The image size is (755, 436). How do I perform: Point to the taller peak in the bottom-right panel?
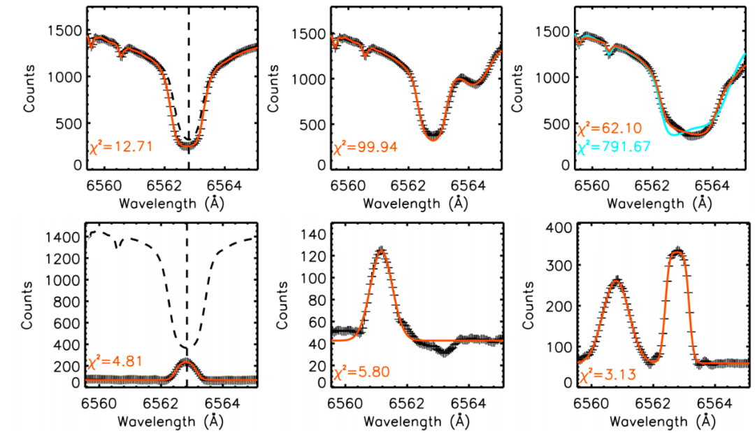[x=677, y=251]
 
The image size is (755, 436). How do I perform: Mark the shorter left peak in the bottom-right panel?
[x=616, y=280]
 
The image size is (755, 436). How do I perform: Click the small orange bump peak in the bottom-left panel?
[x=186, y=360]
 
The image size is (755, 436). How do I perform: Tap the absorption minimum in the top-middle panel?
[x=433, y=138]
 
